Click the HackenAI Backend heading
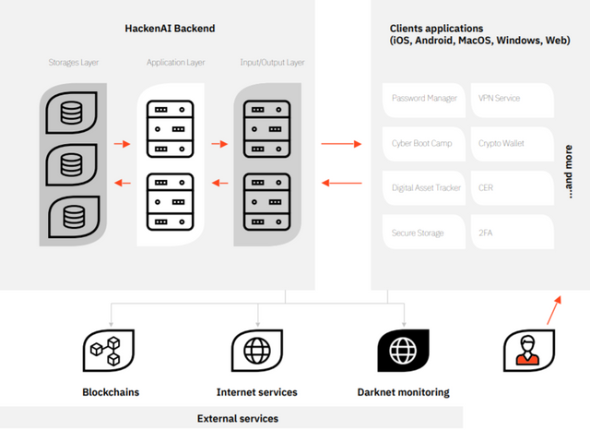[x=170, y=29]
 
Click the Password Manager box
[x=424, y=98]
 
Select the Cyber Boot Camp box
[x=424, y=143]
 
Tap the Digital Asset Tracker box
[x=424, y=188]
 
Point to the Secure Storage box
[x=424, y=233]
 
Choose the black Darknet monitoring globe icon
[x=403, y=351]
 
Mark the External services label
[x=238, y=418]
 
